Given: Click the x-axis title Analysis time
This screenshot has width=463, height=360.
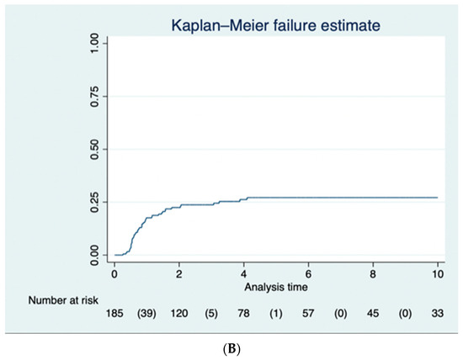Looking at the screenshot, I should pos(276,286).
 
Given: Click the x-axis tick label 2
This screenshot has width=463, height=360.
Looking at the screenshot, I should pos(179,273).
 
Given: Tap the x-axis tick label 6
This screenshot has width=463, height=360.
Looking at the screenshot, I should pos(309,273).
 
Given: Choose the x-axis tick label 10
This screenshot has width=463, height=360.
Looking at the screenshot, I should pos(438,273).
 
